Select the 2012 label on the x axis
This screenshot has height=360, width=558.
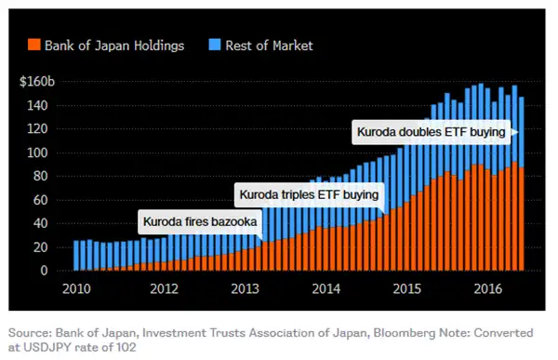166,288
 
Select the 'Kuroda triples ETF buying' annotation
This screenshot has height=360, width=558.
309,195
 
